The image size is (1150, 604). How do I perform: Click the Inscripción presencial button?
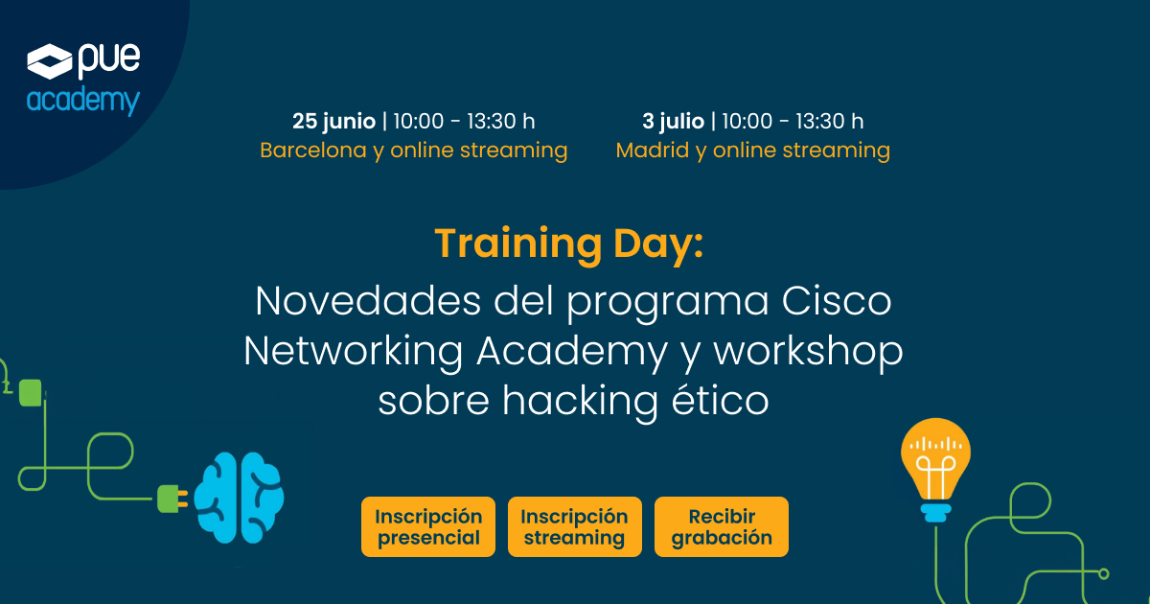pos(428,526)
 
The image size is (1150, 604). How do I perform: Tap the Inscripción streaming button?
pos(574,526)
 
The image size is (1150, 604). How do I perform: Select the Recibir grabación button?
pos(722,526)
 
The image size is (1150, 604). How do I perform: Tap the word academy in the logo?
pos(83,101)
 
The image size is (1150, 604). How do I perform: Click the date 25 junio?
pos(333,121)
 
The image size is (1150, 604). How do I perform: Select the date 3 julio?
pos(674,121)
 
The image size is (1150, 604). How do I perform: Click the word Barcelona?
pos(312,151)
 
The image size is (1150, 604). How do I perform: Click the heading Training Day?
pos(569,244)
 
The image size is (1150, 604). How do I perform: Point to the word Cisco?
pos(837,302)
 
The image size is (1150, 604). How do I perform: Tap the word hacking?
pos(560,400)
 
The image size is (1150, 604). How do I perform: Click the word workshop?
pos(808,351)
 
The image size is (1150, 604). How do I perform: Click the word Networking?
pos(353,351)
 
